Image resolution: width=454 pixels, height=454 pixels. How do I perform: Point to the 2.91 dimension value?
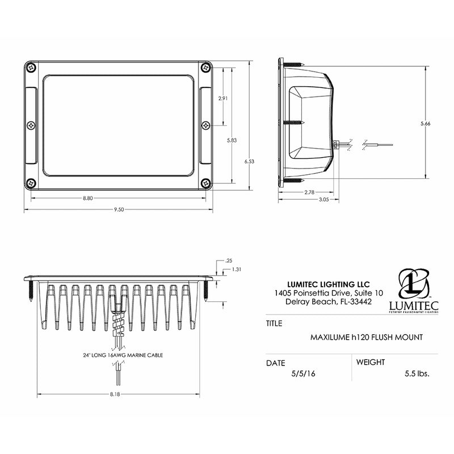click(x=223, y=98)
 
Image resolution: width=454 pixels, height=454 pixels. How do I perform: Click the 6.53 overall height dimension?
click(x=249, y=161)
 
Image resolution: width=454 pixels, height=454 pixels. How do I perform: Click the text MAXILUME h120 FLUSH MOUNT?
click(x=366, y=337)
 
